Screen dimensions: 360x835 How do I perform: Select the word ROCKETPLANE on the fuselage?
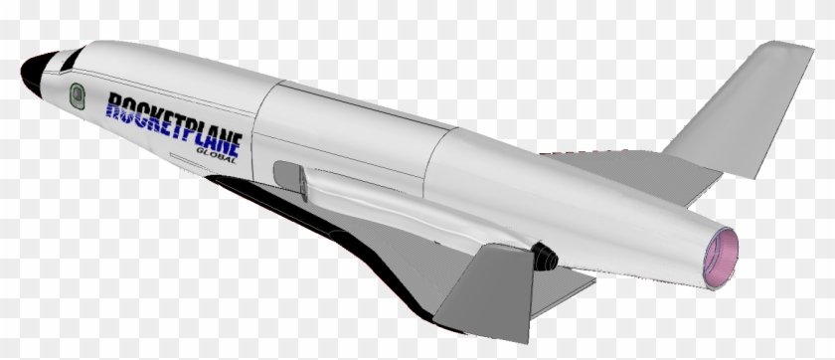point(174,121)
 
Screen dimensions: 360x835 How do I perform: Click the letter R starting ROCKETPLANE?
point(117,105)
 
